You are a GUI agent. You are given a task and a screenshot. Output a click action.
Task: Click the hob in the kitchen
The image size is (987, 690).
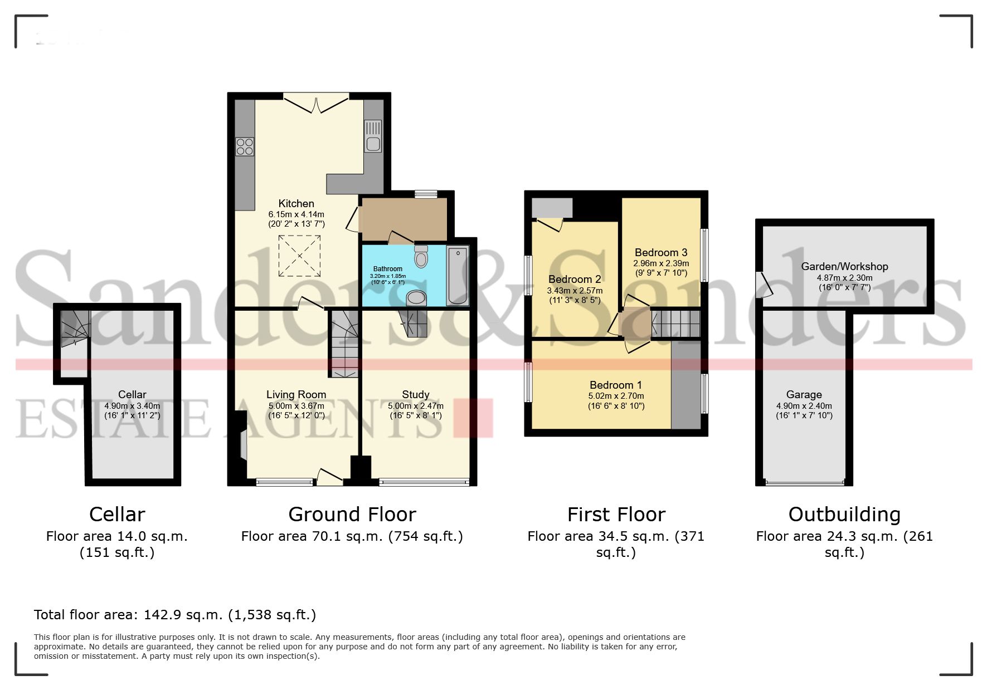[x=245, y=147]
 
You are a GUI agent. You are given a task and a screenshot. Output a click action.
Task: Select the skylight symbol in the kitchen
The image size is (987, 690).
[x=300, y=256]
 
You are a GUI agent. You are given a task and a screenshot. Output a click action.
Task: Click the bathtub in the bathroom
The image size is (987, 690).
[x=458, y=276]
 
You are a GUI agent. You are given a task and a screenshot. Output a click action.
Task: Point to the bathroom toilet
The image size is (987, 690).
[x=421, y=257]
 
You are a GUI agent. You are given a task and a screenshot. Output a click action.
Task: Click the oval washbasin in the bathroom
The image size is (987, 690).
[x=417, y=298]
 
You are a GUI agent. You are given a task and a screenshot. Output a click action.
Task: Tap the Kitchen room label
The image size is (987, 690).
[x=296, y=204]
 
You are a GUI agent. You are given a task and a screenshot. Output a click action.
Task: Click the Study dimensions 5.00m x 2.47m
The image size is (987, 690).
[x=416, y=406]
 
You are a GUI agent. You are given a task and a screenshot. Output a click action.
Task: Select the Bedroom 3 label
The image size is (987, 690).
[x=661, y=253]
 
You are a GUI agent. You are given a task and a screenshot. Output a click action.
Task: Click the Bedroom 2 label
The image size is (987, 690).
[x=575, y=280]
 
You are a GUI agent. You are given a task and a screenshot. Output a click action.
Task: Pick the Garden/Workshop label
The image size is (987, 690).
[x=844, y=267]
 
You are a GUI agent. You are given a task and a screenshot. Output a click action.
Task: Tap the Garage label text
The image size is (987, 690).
[x=804, y=395]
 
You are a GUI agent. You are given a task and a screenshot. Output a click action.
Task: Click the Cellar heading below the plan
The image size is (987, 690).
[x=117, y=515]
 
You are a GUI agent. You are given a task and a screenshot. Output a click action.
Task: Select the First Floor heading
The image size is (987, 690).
[x=616, y=515]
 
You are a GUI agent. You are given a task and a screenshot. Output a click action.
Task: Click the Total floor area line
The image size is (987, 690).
[x=175, y=615]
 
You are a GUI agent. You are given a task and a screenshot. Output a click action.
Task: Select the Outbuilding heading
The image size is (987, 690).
[x=844, y=515]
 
